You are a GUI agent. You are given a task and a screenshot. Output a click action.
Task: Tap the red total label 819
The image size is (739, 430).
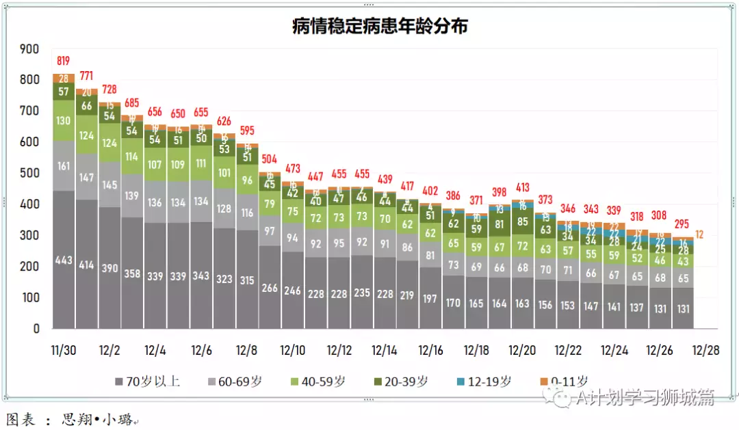[x=64, y=61]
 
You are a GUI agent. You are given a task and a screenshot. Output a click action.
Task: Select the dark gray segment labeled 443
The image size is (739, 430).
[x=64, y=259]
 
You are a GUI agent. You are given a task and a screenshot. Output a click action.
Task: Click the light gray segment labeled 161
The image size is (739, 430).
[x=64, y=165]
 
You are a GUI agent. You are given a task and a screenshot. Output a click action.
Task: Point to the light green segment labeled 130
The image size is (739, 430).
[x=64, y=120]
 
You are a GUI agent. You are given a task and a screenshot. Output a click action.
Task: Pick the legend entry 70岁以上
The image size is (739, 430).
[x=148, y=381]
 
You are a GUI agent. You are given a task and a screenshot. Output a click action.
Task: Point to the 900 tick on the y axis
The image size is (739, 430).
[x=29, y=49]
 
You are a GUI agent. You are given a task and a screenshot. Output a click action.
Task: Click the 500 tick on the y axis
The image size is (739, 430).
[x=29, y=174]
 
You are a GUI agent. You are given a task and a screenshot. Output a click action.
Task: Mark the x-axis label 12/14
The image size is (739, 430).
[x=384, y=350]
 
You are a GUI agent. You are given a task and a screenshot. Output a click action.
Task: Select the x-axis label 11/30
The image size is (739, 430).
[x=64, y=350]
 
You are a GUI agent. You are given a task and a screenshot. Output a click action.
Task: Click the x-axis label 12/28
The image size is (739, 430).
[x=705, y=350]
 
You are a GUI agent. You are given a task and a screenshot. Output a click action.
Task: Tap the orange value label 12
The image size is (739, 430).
[x=699, y=234]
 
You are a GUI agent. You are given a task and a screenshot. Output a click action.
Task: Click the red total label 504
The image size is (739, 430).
[x=270, y=160]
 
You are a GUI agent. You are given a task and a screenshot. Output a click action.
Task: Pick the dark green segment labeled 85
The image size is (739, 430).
[x=522, y=221]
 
